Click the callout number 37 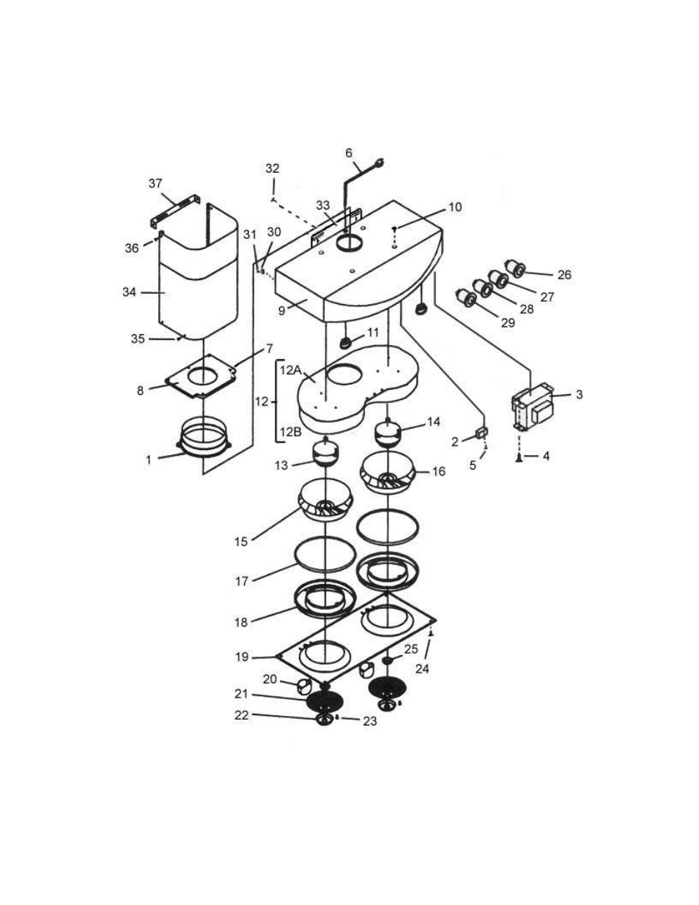(x=155, y=184)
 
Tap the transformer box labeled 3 (x=533, y=409)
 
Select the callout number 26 (x=564, y=275)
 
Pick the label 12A (x=289, y=370)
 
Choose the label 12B (x=290, y=432)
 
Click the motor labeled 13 (x=326, y=452)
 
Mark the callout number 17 (x=242, y=581)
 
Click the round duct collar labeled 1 (x=204, y=444)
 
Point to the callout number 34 (x=129, y=292)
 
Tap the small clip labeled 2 (x=481, y=433)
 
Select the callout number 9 (x=282, y=311)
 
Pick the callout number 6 (x=349, y=153)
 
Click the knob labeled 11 (x=346, y=343)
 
